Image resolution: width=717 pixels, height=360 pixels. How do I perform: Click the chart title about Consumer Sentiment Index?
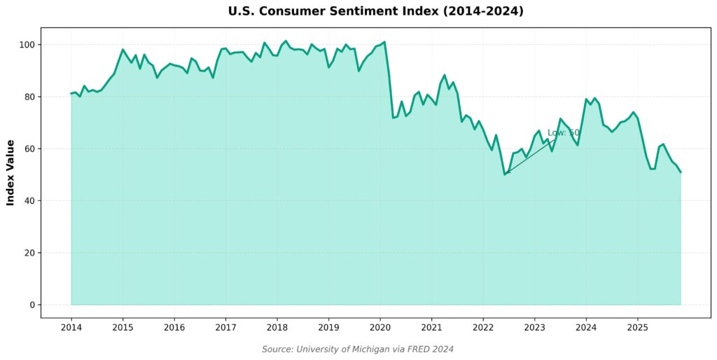pos(375,11)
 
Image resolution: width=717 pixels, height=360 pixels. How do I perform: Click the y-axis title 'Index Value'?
pos(11,172)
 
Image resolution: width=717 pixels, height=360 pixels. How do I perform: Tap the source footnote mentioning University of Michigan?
pos(358,349)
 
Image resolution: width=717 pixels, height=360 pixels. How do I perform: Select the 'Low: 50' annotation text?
pos(563,132)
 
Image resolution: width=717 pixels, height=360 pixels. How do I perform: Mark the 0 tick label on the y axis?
pos(32,305)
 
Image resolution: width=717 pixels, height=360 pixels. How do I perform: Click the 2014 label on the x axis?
pos(71,327)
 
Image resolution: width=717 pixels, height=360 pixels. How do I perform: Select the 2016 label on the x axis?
pos(174,327)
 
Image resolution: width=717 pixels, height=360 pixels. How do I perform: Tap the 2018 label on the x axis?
pos(277,327)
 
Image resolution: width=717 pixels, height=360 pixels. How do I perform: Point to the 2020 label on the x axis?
pos(380,327)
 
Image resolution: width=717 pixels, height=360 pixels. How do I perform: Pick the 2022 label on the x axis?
pos(483,327)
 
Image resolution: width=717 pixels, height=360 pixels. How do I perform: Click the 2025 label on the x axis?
pos(637,327)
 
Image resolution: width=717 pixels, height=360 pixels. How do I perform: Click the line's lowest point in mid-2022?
pos(505,174)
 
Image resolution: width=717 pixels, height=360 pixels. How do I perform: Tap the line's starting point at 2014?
pos(71,93)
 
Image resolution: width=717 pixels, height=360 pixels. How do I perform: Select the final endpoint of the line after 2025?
pos(680,172)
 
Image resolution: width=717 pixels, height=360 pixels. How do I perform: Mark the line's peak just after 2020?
pos(384,42)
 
